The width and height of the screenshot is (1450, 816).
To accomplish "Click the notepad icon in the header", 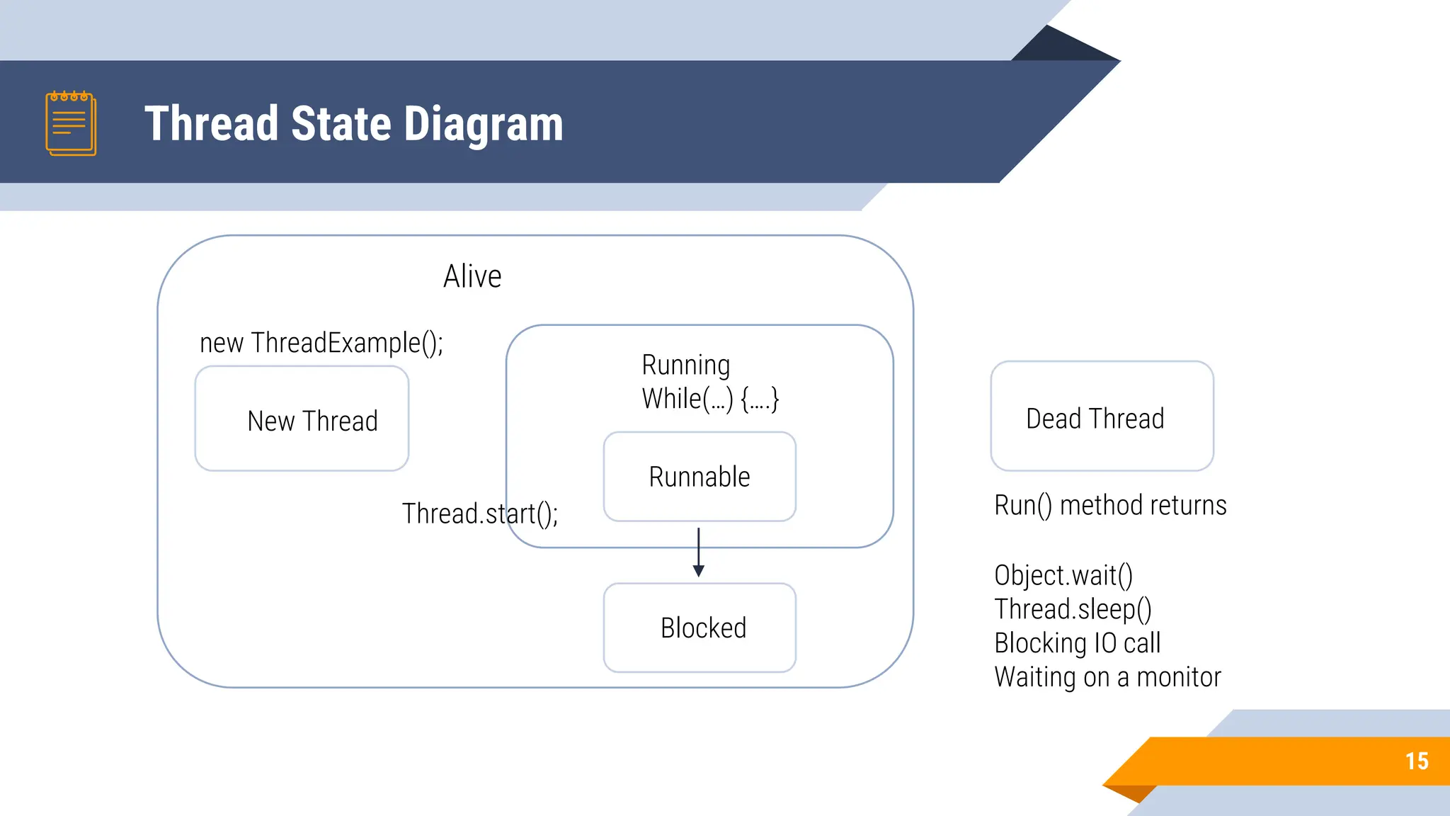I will click(71, 123).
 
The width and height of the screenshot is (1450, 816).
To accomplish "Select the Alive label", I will click(472, 276).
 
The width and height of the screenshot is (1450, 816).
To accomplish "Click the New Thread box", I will click(302, 419).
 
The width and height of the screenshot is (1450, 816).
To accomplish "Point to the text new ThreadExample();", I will click(321, 343).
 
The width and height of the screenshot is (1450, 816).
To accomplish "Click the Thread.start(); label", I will click(479, 514).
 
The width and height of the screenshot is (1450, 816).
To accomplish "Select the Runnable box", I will click(700, 477).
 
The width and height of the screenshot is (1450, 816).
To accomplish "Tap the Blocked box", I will click(700, 628).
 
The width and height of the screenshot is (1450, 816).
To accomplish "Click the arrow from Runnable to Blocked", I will click(699, 552).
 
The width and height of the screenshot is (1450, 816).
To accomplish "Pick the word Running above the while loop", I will click(685, 365).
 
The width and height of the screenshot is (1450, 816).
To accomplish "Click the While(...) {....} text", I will click(710, 399).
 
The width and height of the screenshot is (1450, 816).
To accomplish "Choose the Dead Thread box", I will click(1102, 416).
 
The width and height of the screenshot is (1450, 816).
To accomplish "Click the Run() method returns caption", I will click(1110, 506).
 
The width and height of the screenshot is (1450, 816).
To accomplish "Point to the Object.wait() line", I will click(1063, 575).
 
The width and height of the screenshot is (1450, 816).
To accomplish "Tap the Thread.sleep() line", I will click(1073, 609).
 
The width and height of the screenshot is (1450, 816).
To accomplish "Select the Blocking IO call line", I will click(1077, 643).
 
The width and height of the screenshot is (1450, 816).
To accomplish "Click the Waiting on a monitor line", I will click(1107, 677).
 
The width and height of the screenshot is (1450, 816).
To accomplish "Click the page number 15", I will click(1417, 761).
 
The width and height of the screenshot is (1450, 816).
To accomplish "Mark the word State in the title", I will click(341, 125).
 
